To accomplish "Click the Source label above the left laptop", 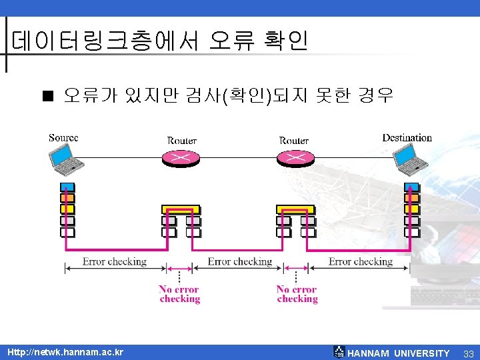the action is [63, 138].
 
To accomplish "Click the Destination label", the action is [407, 138].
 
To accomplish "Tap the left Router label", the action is [181, 141].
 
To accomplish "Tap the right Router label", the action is [294, 141].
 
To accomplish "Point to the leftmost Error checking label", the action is [114, 261].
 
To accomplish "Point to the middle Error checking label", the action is [239, 261].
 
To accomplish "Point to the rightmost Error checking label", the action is [360, 261].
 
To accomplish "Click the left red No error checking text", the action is [179, 294].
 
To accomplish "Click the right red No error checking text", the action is [297, 294].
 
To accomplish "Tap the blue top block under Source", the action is [67, 187].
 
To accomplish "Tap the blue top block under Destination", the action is [412, 187].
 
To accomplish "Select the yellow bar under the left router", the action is [181, 209].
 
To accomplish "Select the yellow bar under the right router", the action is [295, 209].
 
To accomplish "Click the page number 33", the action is [468, 353].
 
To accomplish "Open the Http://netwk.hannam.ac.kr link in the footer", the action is [65, 352].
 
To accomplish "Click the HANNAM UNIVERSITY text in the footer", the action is [399, 353].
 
